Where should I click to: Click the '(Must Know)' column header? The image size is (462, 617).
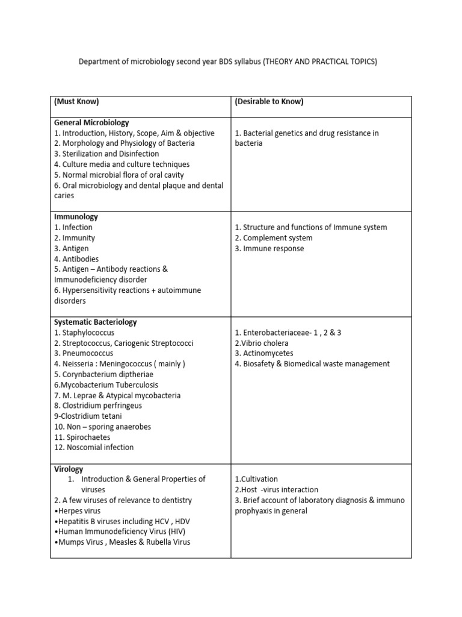[76, 102]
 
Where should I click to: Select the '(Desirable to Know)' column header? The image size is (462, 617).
[269, 102]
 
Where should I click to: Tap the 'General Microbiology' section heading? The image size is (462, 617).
[91, 122]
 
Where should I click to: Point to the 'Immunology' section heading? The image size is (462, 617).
[76, 217]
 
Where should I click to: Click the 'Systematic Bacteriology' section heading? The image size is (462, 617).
[96, 322]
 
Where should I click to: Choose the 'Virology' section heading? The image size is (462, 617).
[69, 469]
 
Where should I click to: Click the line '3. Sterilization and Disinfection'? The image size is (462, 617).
[106, 154]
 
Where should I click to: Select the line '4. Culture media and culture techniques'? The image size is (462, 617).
[122, 164]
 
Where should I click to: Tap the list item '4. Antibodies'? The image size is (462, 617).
[76, 259]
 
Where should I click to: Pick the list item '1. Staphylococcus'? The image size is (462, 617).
[84, 333]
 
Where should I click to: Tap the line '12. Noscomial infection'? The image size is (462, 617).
[94, 448]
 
